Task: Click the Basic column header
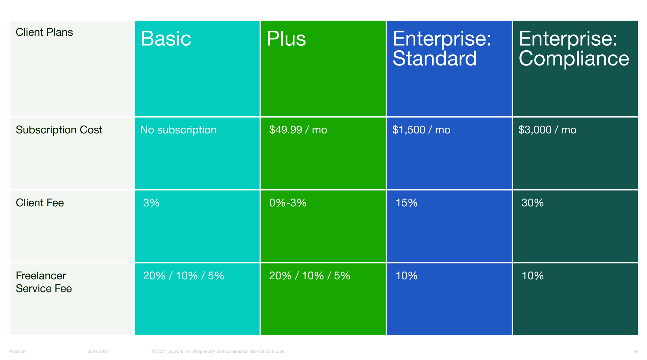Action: coord(166,38)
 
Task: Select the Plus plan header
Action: coord(286,38)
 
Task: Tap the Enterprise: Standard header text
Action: coord(442,48)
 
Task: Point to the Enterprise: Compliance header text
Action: coord(574,48)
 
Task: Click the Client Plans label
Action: coord(44,32)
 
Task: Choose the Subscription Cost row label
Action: coord(59,130)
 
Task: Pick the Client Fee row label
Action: coord(40,203)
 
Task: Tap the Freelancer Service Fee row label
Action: coord(44,282)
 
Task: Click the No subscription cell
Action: coord(178,130)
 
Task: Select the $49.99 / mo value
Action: coord(298,130)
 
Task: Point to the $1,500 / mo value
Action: coord(421,130)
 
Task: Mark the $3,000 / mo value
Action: coord(547,130)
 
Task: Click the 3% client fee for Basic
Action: coord(151,203)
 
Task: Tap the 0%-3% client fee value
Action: coord(288,203)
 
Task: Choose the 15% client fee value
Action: coord(407,203)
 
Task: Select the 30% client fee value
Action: coord(533,203)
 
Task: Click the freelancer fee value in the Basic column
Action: coord(183,276)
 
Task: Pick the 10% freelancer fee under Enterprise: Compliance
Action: coord(533,276)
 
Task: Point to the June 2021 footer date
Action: coord(98,351)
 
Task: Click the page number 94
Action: coord(636,351)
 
